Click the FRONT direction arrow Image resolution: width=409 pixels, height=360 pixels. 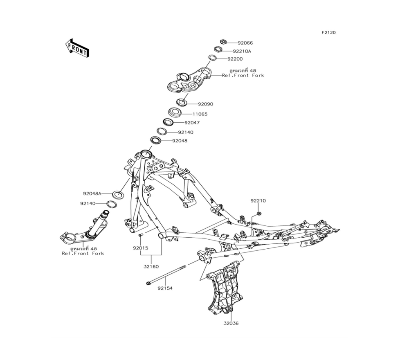[x=77, y=47]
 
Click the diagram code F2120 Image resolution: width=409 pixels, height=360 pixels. [x=328, y=32]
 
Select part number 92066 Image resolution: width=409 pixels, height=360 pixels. [x=245, y=43]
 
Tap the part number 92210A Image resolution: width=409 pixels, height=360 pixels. [x=242, y=51]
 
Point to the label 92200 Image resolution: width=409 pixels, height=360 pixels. [x=235, y=59]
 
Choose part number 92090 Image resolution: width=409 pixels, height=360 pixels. [x=205, y=104]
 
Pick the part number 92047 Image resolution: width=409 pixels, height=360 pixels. [x=192, y=123]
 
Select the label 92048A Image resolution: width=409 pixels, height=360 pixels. [x=92, y=193]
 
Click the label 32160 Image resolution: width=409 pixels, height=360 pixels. [x=151, y=267]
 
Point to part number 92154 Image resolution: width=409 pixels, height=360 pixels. [x=165, y=288]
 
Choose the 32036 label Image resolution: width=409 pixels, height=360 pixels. [x=231, y=323]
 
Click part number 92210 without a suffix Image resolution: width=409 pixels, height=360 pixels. [x=258, y=201]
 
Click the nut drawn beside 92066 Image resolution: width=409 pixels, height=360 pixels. [x=223, y=42]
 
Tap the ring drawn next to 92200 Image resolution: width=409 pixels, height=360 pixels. [x=213, y=58]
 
